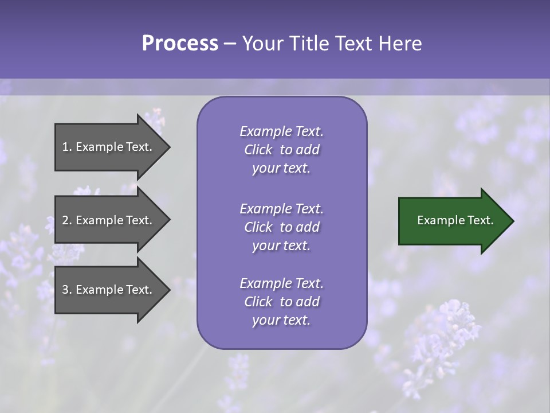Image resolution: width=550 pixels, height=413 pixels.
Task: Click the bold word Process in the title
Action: click(x=180, y=44)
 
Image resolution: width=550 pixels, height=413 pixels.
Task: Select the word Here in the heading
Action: click(x=400, y=44)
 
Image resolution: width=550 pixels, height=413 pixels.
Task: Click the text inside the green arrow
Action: click(x=455, y=220)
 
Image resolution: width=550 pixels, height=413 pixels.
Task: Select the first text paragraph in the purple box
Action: click(x=281, y=150)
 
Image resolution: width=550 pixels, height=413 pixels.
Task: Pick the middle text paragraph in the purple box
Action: click(x=281, y=227)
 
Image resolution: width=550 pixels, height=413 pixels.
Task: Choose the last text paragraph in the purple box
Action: click(x=281, y=302)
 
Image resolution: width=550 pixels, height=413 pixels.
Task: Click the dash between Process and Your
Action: click(x=230, y=44)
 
